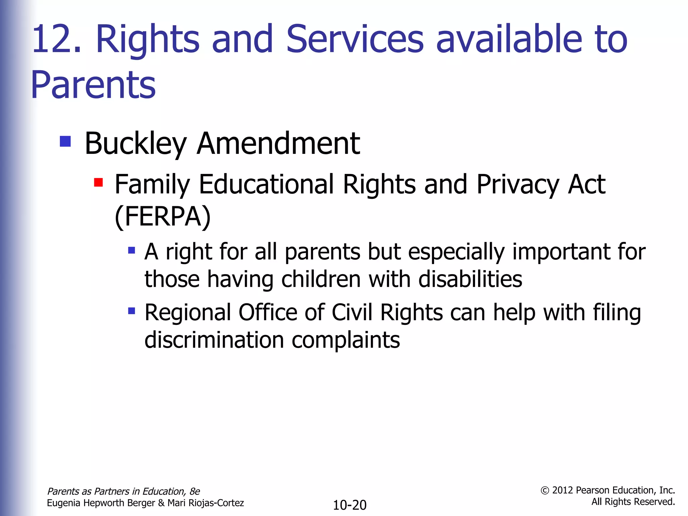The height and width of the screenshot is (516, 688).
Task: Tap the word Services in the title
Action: coord(355,39)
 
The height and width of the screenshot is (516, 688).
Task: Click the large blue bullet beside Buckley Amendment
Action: coord(65,141)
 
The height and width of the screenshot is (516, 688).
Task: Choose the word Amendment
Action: coord(278,143)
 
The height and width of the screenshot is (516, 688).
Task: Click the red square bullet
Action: coord(98,182)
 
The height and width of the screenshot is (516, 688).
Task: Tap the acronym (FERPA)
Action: coord(163,217)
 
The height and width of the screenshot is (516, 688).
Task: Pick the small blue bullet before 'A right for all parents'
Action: coord(132,250)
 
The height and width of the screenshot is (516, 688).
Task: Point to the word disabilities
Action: coord(470,279)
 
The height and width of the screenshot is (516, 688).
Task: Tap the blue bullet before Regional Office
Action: coord(132,311)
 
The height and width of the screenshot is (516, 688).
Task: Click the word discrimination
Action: coord(214,340)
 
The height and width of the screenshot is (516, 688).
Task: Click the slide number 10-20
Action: coord(349,505)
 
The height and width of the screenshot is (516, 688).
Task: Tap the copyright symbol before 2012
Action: coord(545,491)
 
